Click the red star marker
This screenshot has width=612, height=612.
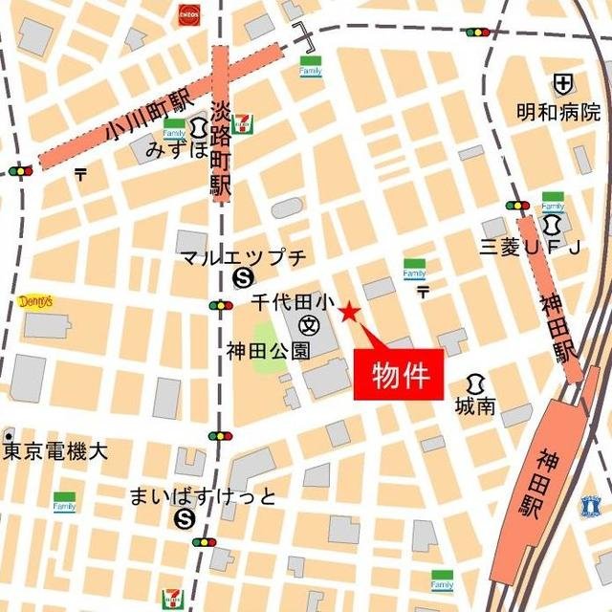point(349,311)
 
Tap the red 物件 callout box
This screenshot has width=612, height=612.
point(399,373)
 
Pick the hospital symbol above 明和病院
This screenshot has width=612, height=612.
point(562,83)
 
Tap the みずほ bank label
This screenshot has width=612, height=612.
point(176,150)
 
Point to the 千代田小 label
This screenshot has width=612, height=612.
point(291,302)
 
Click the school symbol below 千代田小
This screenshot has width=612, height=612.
point(308,325)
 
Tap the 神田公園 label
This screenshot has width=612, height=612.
point(269,351)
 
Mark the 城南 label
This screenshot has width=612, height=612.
point(476,406)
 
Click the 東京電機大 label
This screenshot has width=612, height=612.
point(55,451)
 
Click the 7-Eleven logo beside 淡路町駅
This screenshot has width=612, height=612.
point(244,121)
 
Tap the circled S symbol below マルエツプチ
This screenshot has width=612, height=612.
point(241,278)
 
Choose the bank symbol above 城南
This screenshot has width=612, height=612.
point(475,382)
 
